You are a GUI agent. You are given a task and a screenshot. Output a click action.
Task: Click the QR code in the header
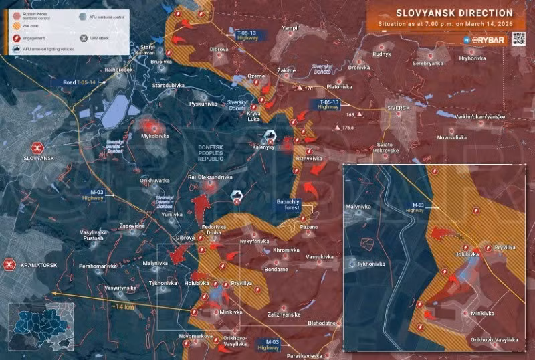(x=519, y=39)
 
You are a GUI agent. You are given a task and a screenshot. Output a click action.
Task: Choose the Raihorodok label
(x=120, y=69)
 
